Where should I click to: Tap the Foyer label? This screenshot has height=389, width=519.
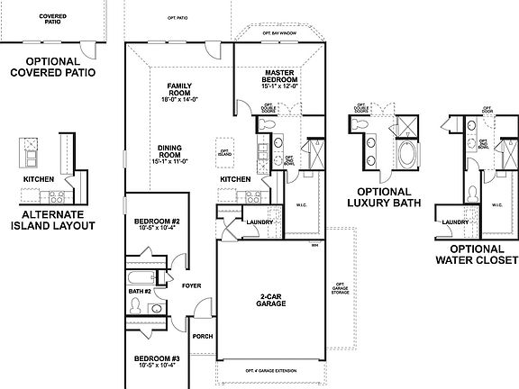tap(191, 286)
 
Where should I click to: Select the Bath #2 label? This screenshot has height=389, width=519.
tap(139, 292)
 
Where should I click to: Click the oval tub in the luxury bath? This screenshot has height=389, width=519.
tap(405, 154)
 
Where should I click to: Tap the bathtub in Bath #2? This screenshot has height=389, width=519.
tap(144, 276)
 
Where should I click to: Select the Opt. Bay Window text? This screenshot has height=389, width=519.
tap(279, 33)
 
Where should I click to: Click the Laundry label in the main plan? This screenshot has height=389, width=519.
tap(259, 222)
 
